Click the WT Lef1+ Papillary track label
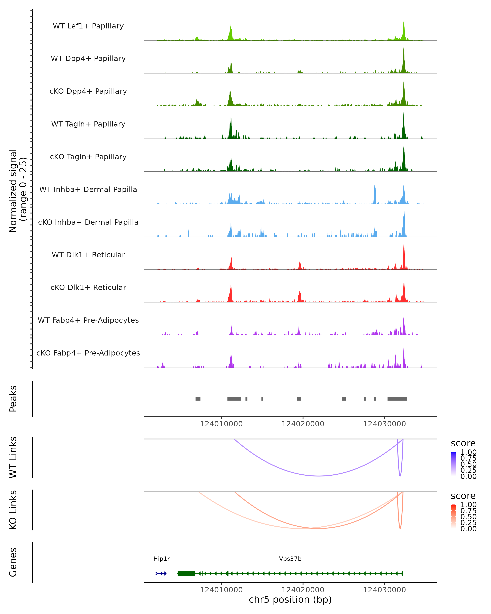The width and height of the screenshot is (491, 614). (x=88, y=26)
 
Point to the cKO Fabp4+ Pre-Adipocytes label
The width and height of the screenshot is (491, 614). (x=88, y=353)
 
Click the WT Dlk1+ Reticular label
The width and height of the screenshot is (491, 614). (x=88, y=255)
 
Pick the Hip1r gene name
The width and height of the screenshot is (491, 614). (x=161, y=559)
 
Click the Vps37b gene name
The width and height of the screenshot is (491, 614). (x=290, y=559)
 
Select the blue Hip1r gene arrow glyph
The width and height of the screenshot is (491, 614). (x=161, y=573)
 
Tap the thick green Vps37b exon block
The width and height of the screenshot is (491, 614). (x=186, y=573)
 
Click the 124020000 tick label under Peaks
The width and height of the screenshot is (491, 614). (x=303, y=424)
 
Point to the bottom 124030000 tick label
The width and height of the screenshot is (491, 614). (x=385, y=590)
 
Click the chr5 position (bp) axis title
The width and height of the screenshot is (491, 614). (x=290, y=599)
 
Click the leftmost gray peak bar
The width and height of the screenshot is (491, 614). (x=198, y=399)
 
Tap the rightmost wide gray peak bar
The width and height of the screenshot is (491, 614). (x=397, y=399)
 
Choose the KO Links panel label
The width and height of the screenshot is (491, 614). (x=13, y=510)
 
